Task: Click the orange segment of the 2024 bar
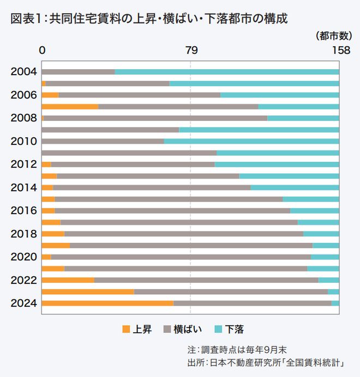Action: [107, 303]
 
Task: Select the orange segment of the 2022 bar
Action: [68, 280]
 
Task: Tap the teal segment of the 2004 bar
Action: [226, 72]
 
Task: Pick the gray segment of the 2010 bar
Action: [103, 141]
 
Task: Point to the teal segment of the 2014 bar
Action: [295, 187]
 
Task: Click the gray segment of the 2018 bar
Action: [183, 234]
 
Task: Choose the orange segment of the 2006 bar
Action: [50, 95]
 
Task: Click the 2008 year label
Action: [23, 118]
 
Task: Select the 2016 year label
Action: [23, 211]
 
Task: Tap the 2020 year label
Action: [23, 257]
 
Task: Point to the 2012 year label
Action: [23, 165]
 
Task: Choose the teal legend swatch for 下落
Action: [219, 329]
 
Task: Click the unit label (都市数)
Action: [333, 36]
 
